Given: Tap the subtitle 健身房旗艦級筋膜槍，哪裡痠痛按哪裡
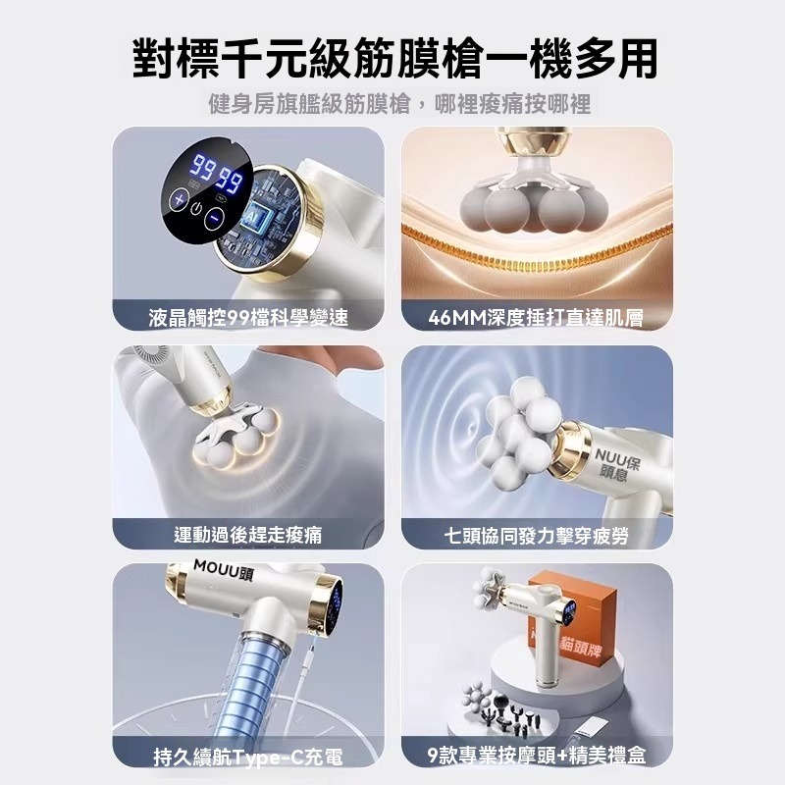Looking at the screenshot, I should coord(392,104).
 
